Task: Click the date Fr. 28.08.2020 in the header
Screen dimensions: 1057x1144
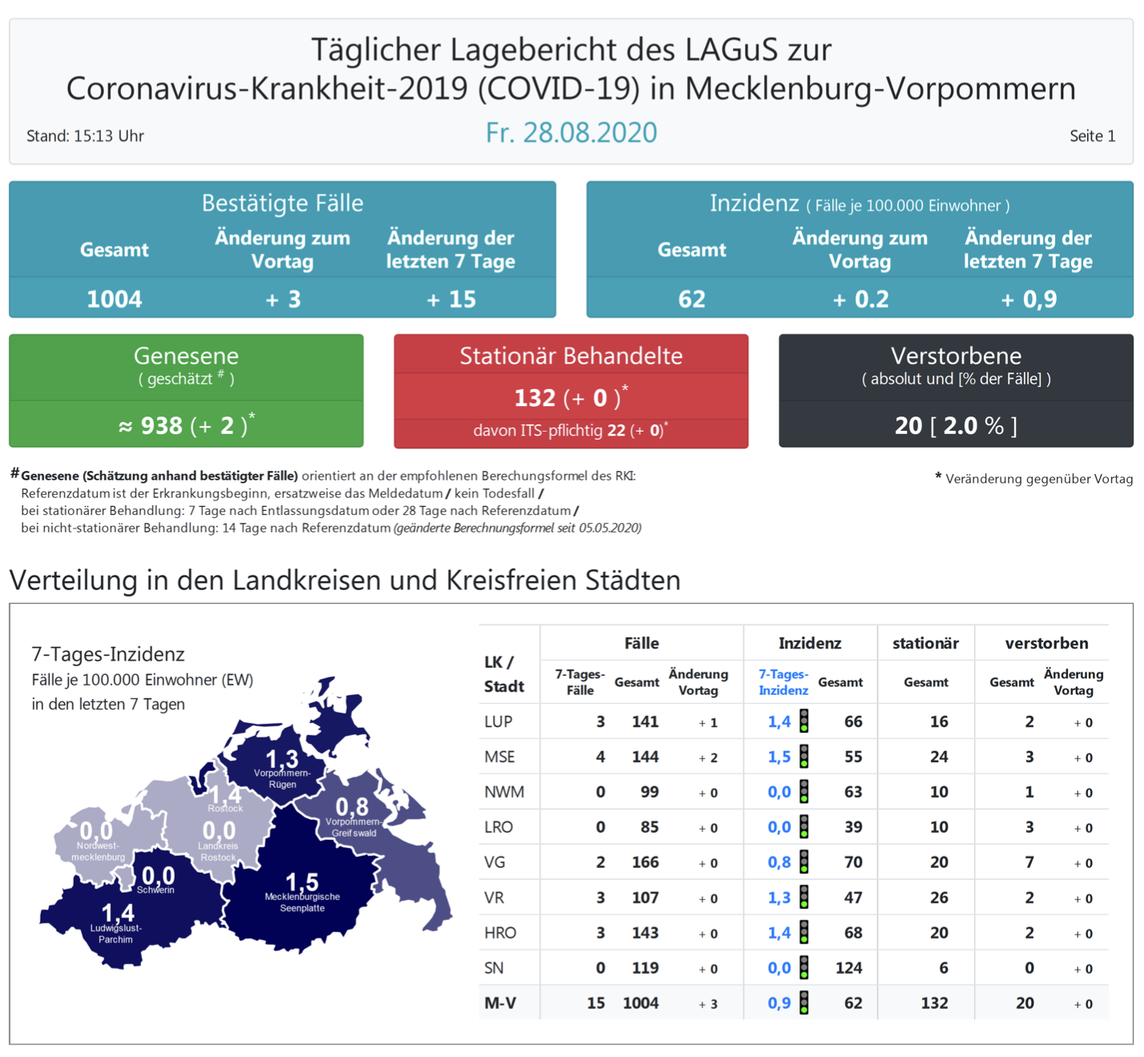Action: point(571,133)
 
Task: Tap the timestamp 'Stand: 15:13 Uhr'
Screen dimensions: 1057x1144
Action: point(85,136)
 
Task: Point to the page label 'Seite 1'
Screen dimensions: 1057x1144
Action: point(1092,136)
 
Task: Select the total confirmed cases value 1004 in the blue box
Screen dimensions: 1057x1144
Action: point(114,299)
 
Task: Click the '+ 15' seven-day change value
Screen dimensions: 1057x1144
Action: point(451,299)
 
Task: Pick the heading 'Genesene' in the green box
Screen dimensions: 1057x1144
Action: point(186,356)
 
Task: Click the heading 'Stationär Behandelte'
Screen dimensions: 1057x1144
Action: point(570,356)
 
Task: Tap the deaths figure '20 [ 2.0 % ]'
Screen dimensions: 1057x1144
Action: point(956,425)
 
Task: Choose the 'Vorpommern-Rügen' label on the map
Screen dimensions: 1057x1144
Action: point(282,779)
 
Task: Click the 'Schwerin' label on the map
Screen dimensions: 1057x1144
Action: point(155,890)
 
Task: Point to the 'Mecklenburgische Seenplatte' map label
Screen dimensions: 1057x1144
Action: point(302,902)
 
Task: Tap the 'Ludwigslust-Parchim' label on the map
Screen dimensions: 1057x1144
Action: point(116,934)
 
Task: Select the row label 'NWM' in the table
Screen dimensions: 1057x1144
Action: point(504,792)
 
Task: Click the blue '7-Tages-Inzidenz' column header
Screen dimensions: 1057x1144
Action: point(783,682)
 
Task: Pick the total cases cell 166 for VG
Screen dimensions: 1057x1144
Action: point(645,862)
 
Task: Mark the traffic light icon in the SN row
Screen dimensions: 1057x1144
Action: point(804,967)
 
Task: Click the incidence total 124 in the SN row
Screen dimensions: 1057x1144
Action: point(848,968)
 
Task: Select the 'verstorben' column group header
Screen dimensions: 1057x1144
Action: point(1046,643)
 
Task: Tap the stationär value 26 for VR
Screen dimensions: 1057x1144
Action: point(939,898)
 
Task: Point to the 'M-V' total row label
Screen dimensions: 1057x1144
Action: point(500,1003)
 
